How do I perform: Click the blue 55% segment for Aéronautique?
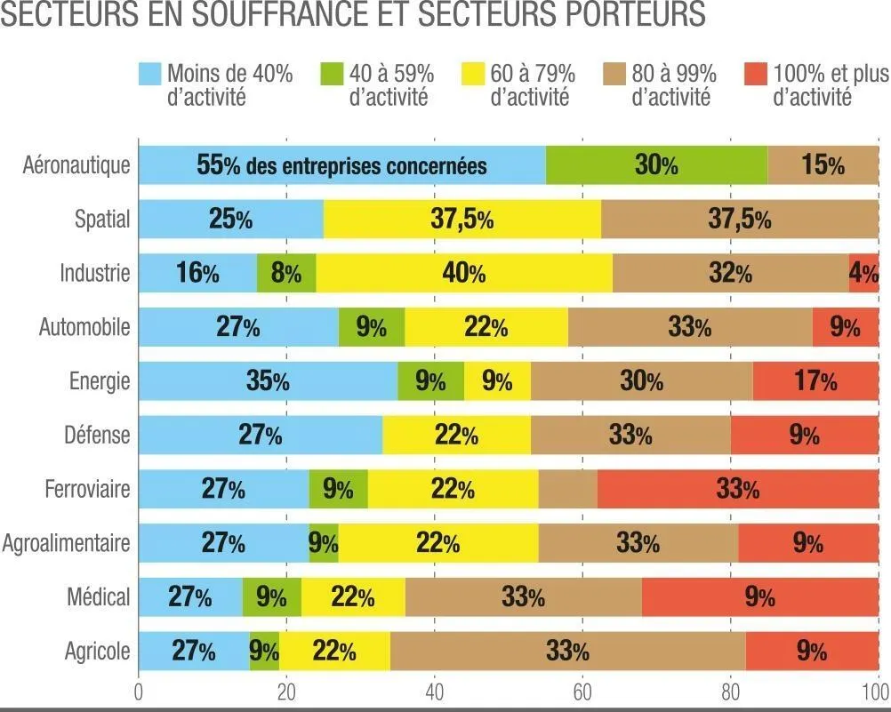point(342,165)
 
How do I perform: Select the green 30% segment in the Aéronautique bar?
point(656,165)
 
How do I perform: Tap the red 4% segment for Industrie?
point(864,273)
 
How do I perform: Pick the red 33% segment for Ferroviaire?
point(738,489)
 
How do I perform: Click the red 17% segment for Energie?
point(815,381)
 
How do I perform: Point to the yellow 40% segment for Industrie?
point(464,273)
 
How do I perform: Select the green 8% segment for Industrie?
point(286,273)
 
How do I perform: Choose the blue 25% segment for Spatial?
point(231,220)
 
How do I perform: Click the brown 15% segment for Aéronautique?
point(823,165)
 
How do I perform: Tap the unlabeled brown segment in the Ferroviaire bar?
point(568,489)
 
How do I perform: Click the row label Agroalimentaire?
point(67,543)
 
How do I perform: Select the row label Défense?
point(97,436)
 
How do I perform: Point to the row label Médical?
point(99,597)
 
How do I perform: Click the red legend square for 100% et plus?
point(755,74)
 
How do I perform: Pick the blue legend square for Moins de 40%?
point(149,74)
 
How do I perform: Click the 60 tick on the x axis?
point(582,693)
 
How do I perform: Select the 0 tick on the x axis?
point(139,693)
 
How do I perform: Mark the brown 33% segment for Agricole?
point(567,652)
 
